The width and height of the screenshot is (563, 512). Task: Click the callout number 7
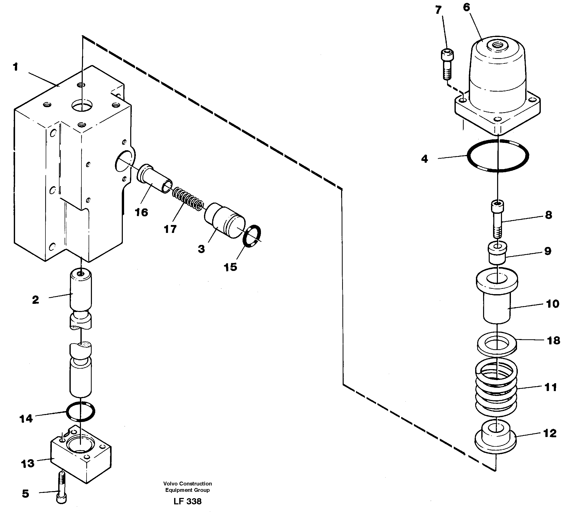[x=438, y=10]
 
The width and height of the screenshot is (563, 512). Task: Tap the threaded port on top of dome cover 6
[x=497, y=45]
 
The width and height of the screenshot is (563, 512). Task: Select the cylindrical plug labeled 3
[x=224, y=220]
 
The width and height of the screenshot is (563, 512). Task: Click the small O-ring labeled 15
[x=251, y=236]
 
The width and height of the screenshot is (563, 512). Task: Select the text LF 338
[x=187, y=501]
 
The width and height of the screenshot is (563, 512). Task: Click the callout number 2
[x=35, y=300]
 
